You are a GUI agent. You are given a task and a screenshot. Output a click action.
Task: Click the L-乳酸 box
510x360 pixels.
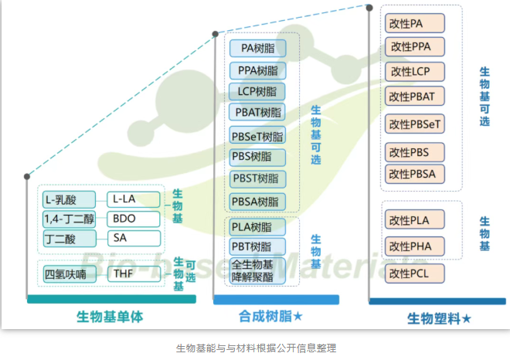(x=69, y=199)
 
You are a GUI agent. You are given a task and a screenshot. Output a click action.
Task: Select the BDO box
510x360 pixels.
(x=133, y=219)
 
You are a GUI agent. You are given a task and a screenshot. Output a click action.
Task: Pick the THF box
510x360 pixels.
(x=133, y=273)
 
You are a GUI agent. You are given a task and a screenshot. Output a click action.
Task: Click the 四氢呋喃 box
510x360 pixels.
(x=70, y=273)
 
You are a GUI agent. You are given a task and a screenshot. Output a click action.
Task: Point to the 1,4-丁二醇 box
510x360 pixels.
(x=69, y=219)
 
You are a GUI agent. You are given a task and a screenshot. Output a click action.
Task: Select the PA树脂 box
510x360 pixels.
(x=258, y=48)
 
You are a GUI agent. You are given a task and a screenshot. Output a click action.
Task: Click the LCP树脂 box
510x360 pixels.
(x=258, y=91)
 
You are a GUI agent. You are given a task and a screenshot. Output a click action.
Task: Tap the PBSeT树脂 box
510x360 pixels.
(x=258, y=137)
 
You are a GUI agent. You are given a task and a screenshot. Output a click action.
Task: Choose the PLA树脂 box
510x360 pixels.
(x=258, y=227)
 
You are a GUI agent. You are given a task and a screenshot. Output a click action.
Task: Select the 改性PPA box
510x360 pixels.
(x=416, y=46)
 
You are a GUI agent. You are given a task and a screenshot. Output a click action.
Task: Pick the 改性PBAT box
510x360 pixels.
(x=416, y=97)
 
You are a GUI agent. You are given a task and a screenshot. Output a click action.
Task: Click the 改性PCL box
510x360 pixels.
(x=416, y=273)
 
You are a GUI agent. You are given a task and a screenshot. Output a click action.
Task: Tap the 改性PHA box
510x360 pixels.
(x=416, y=246)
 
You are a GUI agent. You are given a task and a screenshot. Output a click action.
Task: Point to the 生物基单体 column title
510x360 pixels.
(x=110, y=317)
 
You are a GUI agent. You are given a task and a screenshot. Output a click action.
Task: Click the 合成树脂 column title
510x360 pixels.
(x=265, y=317)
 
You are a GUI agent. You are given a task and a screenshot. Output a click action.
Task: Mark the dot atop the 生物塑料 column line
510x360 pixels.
(x=369, y=8)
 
